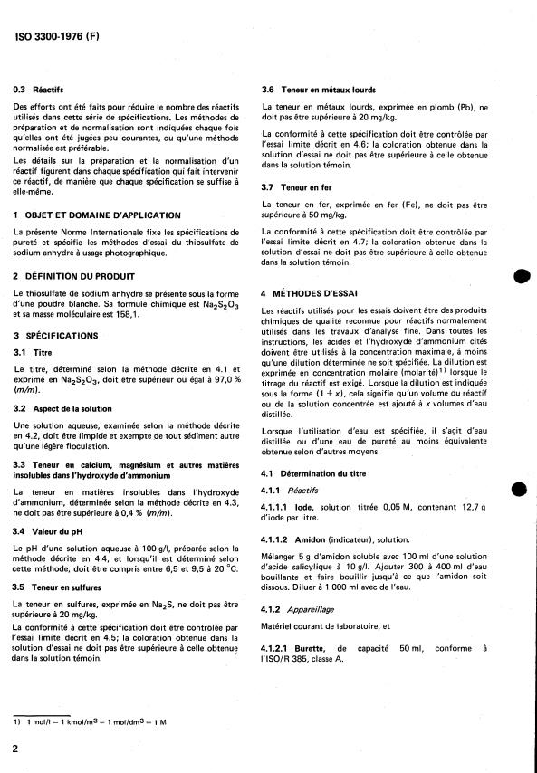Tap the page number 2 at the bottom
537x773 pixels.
[x=17, y=749]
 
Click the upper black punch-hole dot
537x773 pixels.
[x=518, y=276]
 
